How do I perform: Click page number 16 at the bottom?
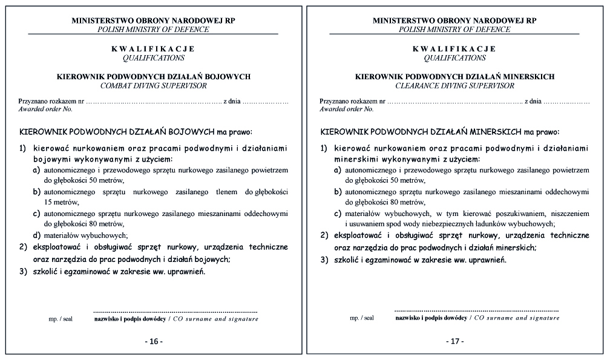click(154, 341)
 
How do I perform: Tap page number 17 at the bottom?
click(455, 341)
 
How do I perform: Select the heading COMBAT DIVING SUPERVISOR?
click(153, 86)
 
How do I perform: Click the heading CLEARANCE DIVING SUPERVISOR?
click(454, 86)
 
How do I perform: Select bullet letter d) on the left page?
click(37, 235)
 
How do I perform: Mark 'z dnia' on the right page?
click(533, 100)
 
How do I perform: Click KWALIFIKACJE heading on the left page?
click(153, 48)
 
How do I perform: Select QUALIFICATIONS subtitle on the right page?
click(454, 58)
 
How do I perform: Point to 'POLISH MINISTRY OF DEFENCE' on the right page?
click(454, 29)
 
